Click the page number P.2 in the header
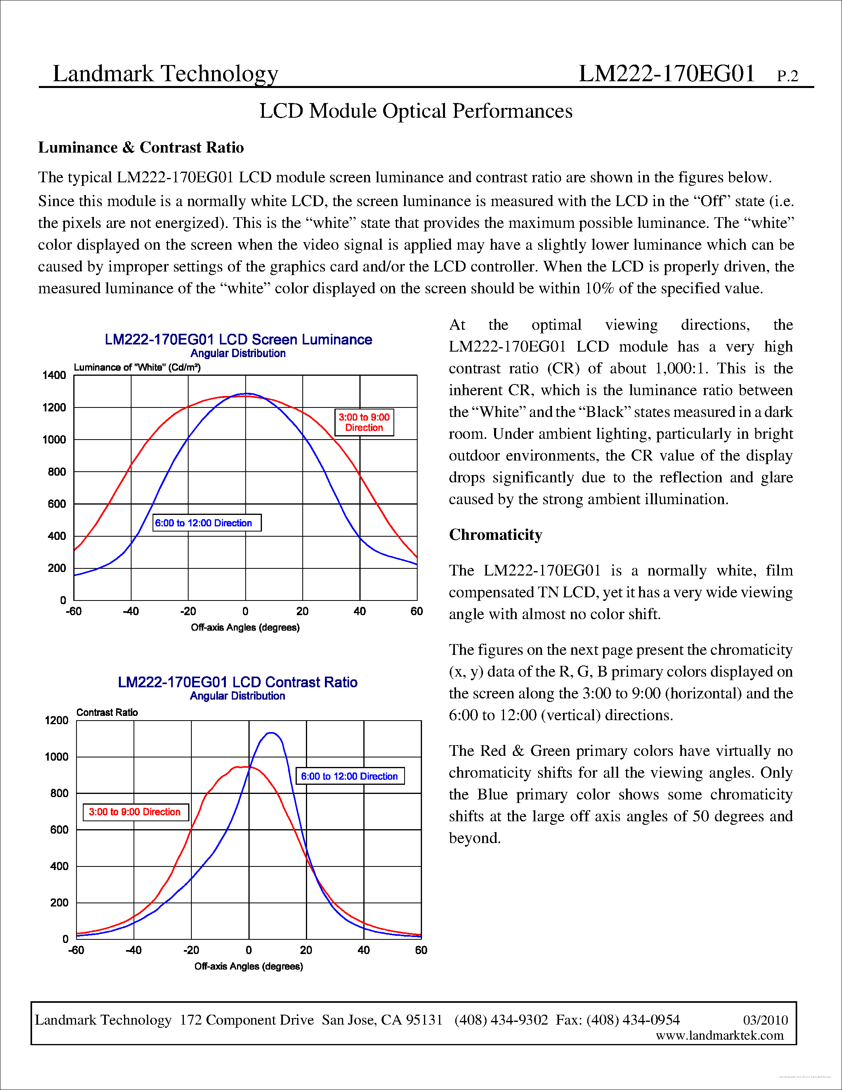coord(787,76)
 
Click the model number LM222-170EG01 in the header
coord(666,74)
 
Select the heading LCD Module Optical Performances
coord(416,111)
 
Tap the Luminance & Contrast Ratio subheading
coord(141,148)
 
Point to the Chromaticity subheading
coord(495,535)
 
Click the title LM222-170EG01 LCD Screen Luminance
coord(238,339)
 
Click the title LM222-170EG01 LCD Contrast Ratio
coord(237,682)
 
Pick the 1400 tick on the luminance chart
coord(54,375)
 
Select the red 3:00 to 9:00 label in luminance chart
coord(364,422)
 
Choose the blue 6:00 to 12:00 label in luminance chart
coord(206,523)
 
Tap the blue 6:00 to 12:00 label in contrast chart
coord(349,776)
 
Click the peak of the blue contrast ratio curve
coord(270,733)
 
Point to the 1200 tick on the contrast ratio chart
coord(56,720)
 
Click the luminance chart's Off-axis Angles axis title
coord(245,627)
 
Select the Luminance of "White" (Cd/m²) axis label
coord(137,367)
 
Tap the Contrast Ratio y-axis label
coord(107,712)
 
